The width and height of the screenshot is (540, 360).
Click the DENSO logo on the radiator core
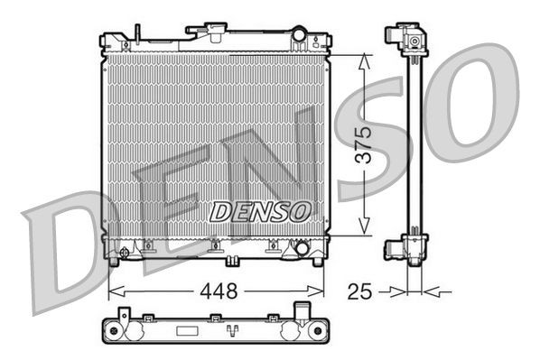(260, 211)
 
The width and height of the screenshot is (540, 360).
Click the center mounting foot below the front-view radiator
(233, 262)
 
